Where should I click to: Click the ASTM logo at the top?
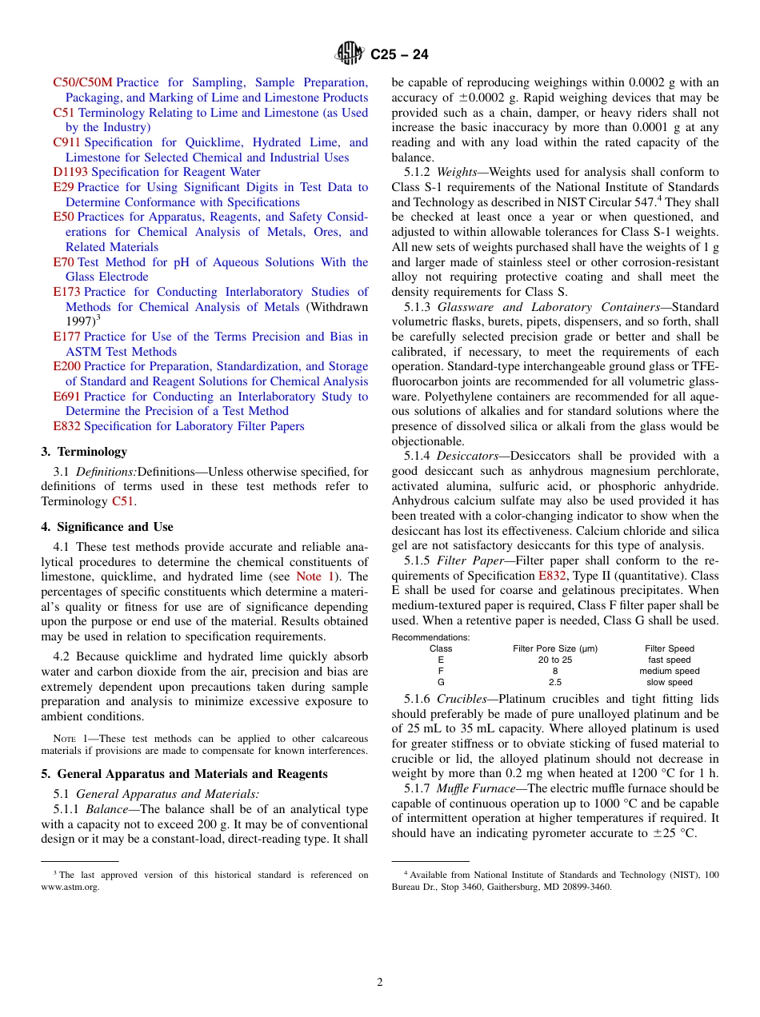click(350, 54)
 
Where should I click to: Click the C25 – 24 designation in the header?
click(399, 55)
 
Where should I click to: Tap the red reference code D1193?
click(70, 172)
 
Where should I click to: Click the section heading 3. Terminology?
click(84, 452)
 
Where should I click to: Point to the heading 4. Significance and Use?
click(107, 527)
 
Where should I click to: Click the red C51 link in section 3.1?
click(122, 501)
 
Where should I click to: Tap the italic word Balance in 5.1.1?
click(106, 810)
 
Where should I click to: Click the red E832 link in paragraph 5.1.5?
click(551, 576)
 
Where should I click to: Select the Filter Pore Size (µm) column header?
click(554, 648)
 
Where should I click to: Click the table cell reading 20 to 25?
click(554, 660)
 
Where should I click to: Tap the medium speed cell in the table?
click(669, 672)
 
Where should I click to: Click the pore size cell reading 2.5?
click(554, 683)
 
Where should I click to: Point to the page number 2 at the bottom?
click(380, 983)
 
